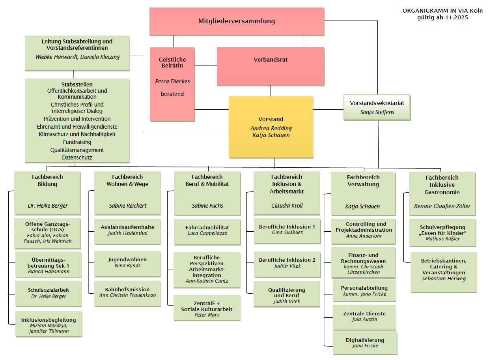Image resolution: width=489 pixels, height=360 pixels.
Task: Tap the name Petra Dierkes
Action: pyautogui.click(x=172, y=82)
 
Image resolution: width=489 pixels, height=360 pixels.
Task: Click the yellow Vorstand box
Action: pyautogui.click(x=271, y=127)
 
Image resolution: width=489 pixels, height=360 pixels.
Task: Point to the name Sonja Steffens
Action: pyautogui.click(x=377, y=112)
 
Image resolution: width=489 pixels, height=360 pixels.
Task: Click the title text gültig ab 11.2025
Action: pyautogui.click(x=442, y=17)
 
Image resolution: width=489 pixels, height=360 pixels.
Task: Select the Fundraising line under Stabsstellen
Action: pyautogui.click(x=77, y=142)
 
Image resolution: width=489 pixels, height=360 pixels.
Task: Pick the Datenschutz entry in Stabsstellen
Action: pyautogui.click(x=77, y=157)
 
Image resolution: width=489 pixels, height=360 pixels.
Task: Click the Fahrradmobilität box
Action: pyautogui.click(x=207, y=231)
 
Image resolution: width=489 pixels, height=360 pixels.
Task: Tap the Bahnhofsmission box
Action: pyautogui.click(x=127, y=292)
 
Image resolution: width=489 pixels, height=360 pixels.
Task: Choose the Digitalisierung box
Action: pyautogui.click(x=365, y=343)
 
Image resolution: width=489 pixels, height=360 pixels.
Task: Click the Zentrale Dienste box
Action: pyautogui.click(x=364, y=316)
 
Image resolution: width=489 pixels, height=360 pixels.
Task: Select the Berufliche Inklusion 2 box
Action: pyautogui.click(x=287, y=263)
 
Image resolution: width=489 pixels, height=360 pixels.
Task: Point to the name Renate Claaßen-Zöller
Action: pyautogui.click(x=442, y=206)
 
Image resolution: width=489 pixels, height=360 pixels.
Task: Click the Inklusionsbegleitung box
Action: pyautogui.click(x=49, y=324)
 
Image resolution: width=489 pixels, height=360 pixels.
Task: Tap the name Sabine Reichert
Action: pyautogui.click(x=127, y=206)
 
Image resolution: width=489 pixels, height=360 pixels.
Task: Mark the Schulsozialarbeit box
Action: pyautogui.click(x=48, y=293)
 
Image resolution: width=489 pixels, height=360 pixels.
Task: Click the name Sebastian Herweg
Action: pyautogui.click(x=443, y=279)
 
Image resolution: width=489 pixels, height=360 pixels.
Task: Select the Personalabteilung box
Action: pyautogui.click(x=364, y=291)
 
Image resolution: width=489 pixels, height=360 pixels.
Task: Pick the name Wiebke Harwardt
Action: pyautogui.click(x=56, y=57)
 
